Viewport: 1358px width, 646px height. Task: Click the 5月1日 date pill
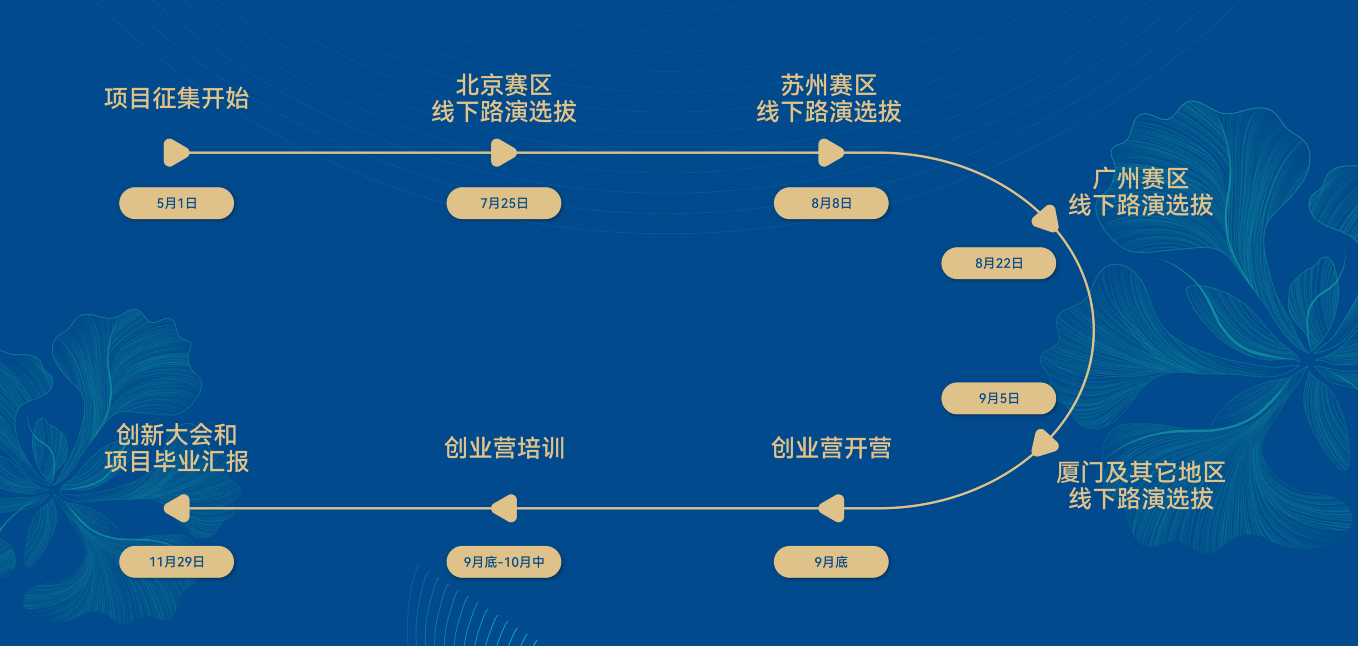coord(177,203)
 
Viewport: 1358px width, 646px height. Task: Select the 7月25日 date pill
coord(504,203)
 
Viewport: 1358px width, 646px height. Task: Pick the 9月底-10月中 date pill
coord(504,562)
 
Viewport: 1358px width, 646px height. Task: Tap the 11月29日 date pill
coord(177,562)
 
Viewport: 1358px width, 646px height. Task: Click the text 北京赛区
coord(504,85)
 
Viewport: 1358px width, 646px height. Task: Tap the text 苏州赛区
coord(829,85)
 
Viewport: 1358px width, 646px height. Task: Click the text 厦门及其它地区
coord(1141,472)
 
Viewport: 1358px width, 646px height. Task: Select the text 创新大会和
coord(177,435)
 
